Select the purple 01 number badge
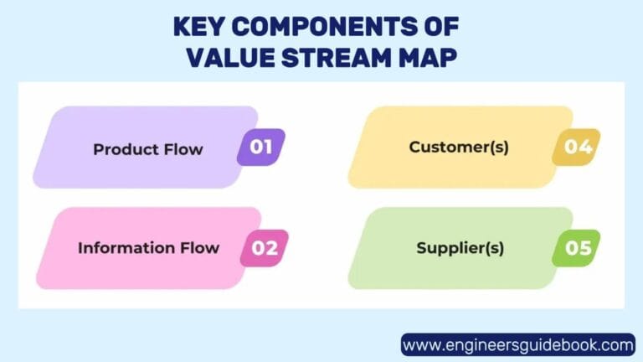pyautogui.click(x=261, y=147)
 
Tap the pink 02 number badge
pyautogui.click(x=265, y=248)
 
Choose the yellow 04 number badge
pyautogui.click(x=577, y=147)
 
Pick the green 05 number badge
pyautogui.click(x=577, y=248)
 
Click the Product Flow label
pyautogui.click(x=148, y=150)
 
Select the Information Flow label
pyautogui.click(x=148, y=248)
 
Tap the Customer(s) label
pyautogui.click(x=459, y=147)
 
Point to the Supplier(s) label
pyautogui.click(x=460, y=249)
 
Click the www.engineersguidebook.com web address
pyautogui.click(x=518, y=344)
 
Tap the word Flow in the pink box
pyautogui.click(x=200, y=248)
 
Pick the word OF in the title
pyautogui.click(x=441, y=26)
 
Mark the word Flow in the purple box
pyautogui.click(x=184, y=150)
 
